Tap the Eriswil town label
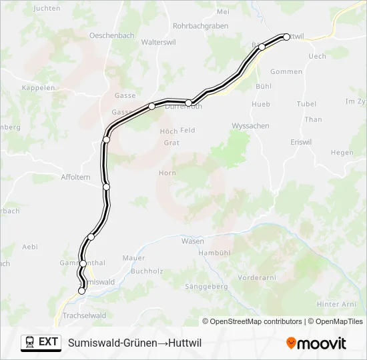302,142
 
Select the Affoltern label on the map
75,177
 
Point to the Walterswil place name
158,41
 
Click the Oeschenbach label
113,35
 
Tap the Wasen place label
193,241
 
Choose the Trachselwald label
83,315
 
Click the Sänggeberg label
206,286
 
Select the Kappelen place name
38,87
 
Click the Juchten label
46,9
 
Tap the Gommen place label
286,71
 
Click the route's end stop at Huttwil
286,37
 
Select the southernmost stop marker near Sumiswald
82,291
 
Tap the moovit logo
316,343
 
